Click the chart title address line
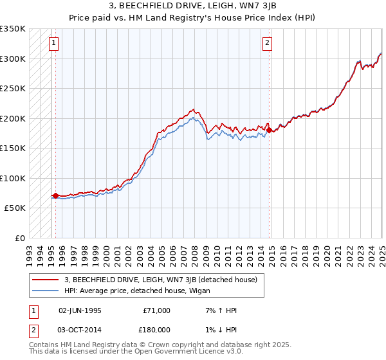193,6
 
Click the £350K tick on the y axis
13,29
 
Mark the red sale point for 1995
55,195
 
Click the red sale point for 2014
269,130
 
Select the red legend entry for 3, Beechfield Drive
160,279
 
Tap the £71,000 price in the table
156,310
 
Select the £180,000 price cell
156,328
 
